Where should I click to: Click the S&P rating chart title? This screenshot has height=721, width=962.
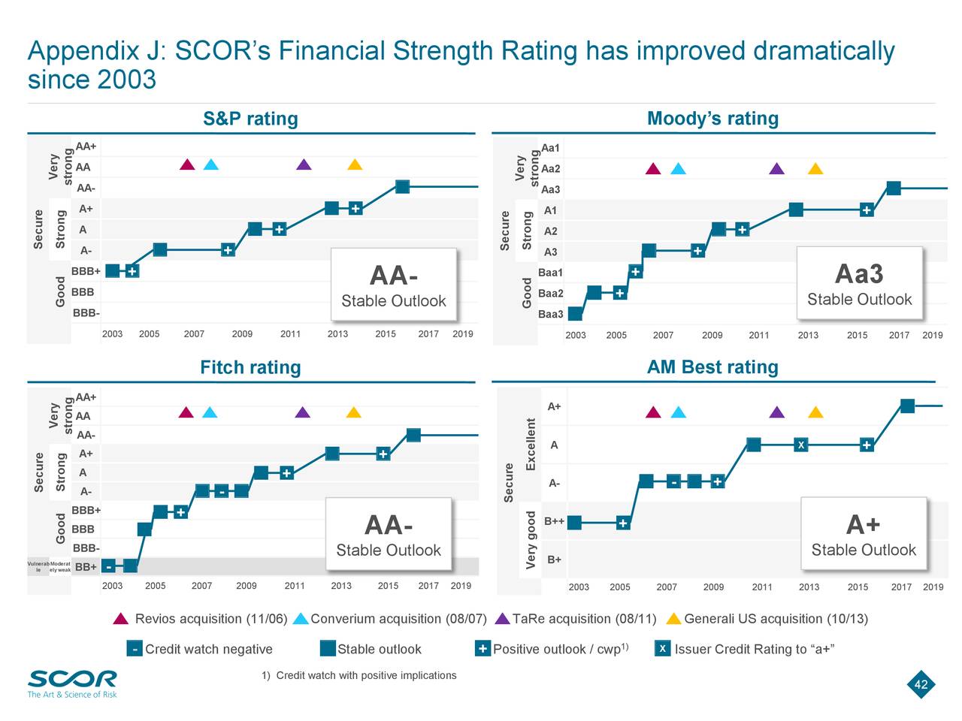(x=250, y=119)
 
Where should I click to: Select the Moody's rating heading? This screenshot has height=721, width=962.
(x=712, y=119)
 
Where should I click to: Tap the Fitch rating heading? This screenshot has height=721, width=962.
(x=250, y=367)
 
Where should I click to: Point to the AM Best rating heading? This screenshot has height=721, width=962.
(x=712, y=367)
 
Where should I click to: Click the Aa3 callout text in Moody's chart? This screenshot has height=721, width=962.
(x=859, y=274)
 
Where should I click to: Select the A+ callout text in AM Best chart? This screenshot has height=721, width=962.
(x=863, y=524)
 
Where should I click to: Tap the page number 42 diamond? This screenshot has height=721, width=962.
(x=921, y=684)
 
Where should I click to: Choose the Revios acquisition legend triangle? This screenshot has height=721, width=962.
(x=121, y=619)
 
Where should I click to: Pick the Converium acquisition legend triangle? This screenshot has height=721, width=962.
(x=301, y=619)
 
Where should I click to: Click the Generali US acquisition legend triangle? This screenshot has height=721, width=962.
(x=673, y=619)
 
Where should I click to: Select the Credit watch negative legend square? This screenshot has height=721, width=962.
(x=135, y=649)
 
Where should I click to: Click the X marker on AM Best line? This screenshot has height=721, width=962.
(x=801, y=445)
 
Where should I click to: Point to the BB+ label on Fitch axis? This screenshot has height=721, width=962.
(x=86, y=567)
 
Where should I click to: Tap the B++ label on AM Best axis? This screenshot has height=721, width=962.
(x=554, y=521)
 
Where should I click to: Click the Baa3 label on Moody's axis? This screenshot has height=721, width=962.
(x=550, y=314)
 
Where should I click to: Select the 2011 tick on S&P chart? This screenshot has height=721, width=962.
(x=290, y=334)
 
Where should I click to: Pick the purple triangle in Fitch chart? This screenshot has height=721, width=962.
(x=302, y=412)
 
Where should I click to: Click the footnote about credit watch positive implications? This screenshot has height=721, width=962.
(x=359, y=675)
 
